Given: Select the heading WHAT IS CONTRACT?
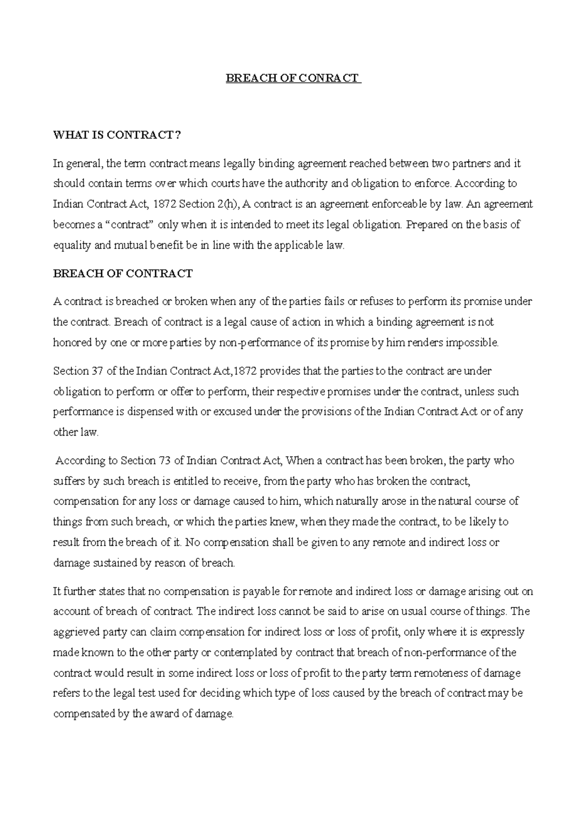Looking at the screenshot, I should click(117, 135).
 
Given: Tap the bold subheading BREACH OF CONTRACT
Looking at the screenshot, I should click(123, 274).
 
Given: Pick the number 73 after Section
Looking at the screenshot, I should click(164, 461).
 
